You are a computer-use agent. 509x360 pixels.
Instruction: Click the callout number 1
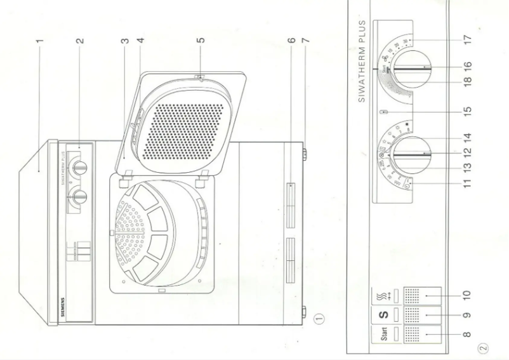pyautogui.click(x=39, y=41)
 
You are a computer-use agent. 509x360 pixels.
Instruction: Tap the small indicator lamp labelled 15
pyautogui.click(x=382, y=113)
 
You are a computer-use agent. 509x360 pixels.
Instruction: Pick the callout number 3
pyautogui.click(x=124, y=41)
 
